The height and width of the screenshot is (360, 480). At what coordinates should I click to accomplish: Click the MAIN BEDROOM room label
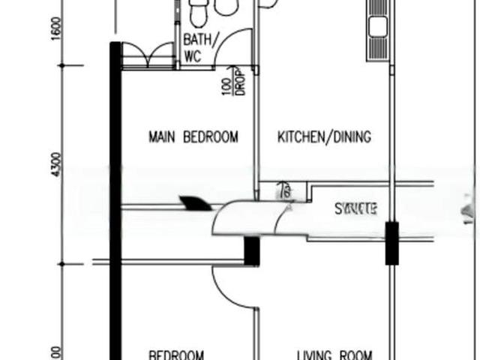pos(193,136)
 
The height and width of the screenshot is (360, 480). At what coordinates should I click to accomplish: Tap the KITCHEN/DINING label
pos(325,136)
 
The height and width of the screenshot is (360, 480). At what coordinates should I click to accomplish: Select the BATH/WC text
pos(198,47)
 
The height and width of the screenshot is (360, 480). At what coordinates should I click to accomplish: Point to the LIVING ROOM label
pos(334,355)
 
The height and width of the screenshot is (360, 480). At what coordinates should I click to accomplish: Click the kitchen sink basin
pos(376,27)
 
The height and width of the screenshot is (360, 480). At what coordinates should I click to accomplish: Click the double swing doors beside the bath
pos(148,54)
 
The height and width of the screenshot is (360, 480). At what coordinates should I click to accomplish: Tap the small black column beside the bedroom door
pos(252,250)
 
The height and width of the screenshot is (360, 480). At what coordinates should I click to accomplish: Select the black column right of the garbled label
pos(392,243)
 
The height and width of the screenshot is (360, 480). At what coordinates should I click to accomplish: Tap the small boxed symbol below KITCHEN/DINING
pos(283,191)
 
